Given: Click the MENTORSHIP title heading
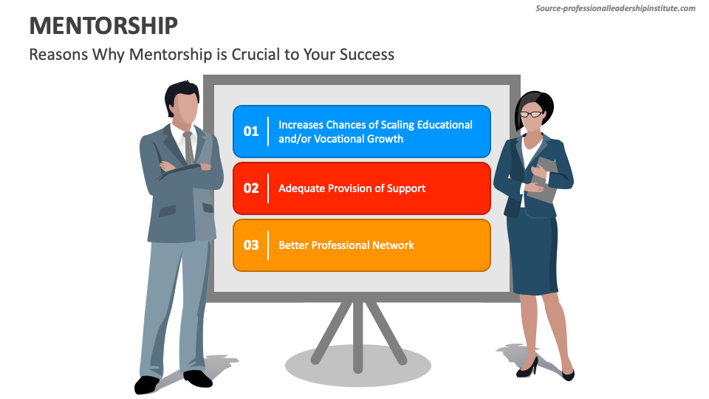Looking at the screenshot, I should pyautogui.click(x=103, y=26).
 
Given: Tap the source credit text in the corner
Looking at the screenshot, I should pyautogui.click(x=615, y=8).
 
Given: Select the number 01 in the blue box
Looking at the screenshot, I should pyautogui.click(x=251, y=132).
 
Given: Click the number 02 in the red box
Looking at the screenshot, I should pyautogui.click(x=251, y=188).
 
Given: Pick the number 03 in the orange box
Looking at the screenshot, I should pyautogui.click(x=251, y=245).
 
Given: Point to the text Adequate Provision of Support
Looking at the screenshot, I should pyautogui.click(x=352, y=188).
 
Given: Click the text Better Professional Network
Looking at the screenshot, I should pyautogui.click(x=346, y=245).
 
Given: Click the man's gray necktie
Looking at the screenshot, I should pyautogui.click(x=188, y=147).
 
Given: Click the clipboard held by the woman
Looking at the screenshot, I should pyautogui.click(x=547, y=181).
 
